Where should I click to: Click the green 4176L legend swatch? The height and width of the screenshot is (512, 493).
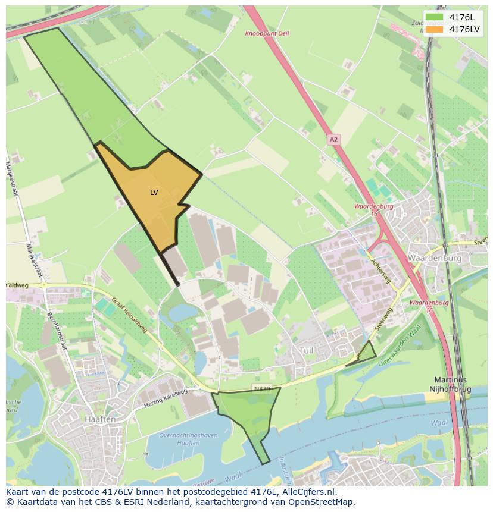pyautogui.click(x=435, y=17)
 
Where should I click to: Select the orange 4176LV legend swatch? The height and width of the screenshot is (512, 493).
pyautogui.click(x=435, y=30)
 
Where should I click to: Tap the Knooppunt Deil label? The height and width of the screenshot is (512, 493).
pyautogui.click(x=267, y=34)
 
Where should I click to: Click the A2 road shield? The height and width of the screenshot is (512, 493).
pyautogui.click(x=333, y=140)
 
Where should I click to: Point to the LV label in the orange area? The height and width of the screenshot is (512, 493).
pyautogui.click(x=154, y=193)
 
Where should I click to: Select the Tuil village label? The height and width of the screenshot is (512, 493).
pyautogui.click(x=307, y=350)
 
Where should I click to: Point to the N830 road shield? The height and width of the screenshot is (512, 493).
pyautogui.click(x=261, y=388)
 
